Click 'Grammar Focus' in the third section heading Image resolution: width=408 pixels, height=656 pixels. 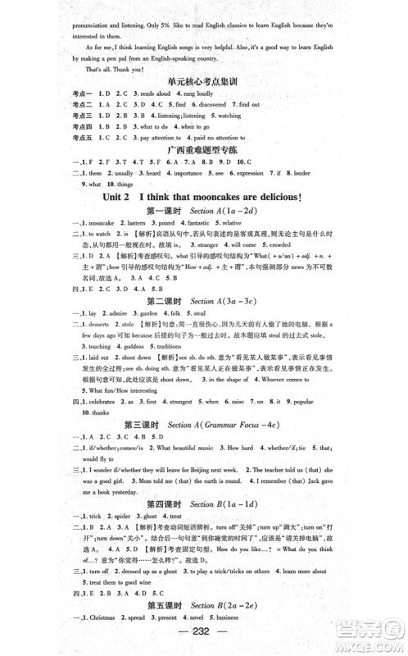[x=230, y=426]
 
